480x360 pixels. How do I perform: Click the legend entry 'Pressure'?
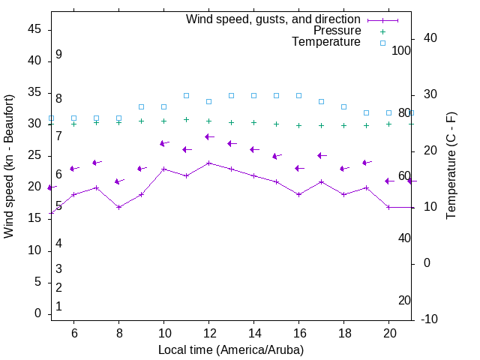(x=337, y=31)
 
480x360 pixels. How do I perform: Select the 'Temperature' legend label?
(x=326, y=42)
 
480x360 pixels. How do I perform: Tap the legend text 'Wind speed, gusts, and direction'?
(x=274, y=19)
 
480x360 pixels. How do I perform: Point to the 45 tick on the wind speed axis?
(x=34, y=29)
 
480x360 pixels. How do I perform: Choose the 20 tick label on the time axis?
(x=388, y=333)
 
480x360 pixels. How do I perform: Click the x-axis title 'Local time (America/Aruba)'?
(x=231, y=349)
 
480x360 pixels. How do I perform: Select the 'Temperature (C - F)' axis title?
(x=451, y=166)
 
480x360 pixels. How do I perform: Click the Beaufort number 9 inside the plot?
(x=58, y=55)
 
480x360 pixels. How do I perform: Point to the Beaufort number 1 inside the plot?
(x=58, y=307)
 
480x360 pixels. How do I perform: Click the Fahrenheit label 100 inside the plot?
(x=402, y=50)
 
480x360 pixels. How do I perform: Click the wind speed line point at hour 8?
(x=118, y=207)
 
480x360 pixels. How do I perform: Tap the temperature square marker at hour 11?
(x=186, y=96)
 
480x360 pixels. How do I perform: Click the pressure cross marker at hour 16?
(x=298, y=126)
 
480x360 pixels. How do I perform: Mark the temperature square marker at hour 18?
(x=343, y=107)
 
